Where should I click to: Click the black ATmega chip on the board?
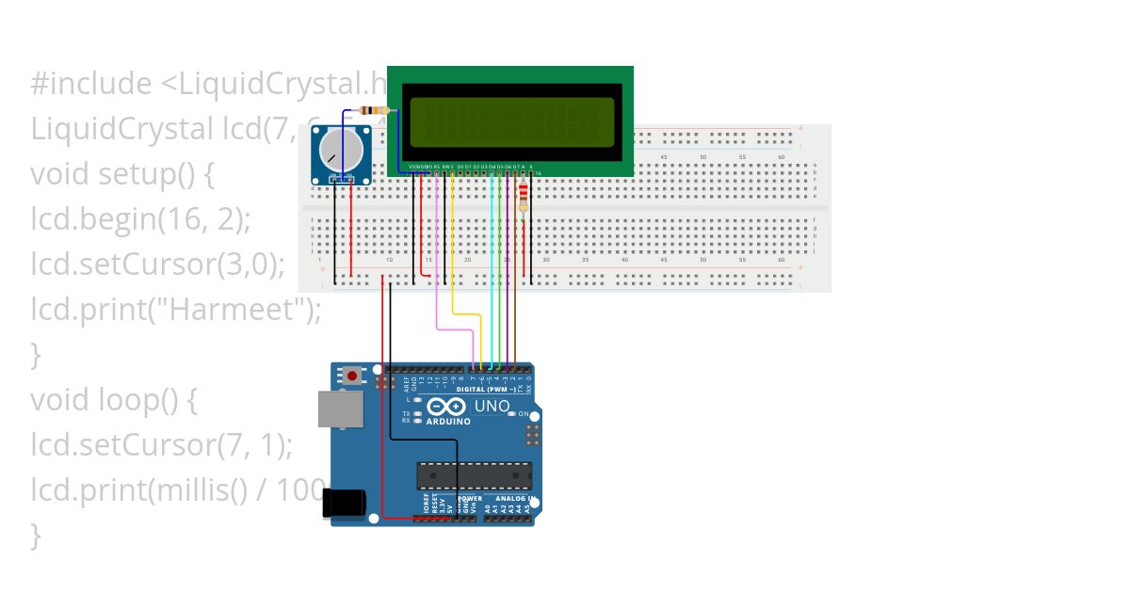click(x=474, y=475)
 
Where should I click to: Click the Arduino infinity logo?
click(x=446, y=407)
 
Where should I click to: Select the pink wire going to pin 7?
click(x=438, y=282)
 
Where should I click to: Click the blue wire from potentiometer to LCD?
click(x=396, y=141)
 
